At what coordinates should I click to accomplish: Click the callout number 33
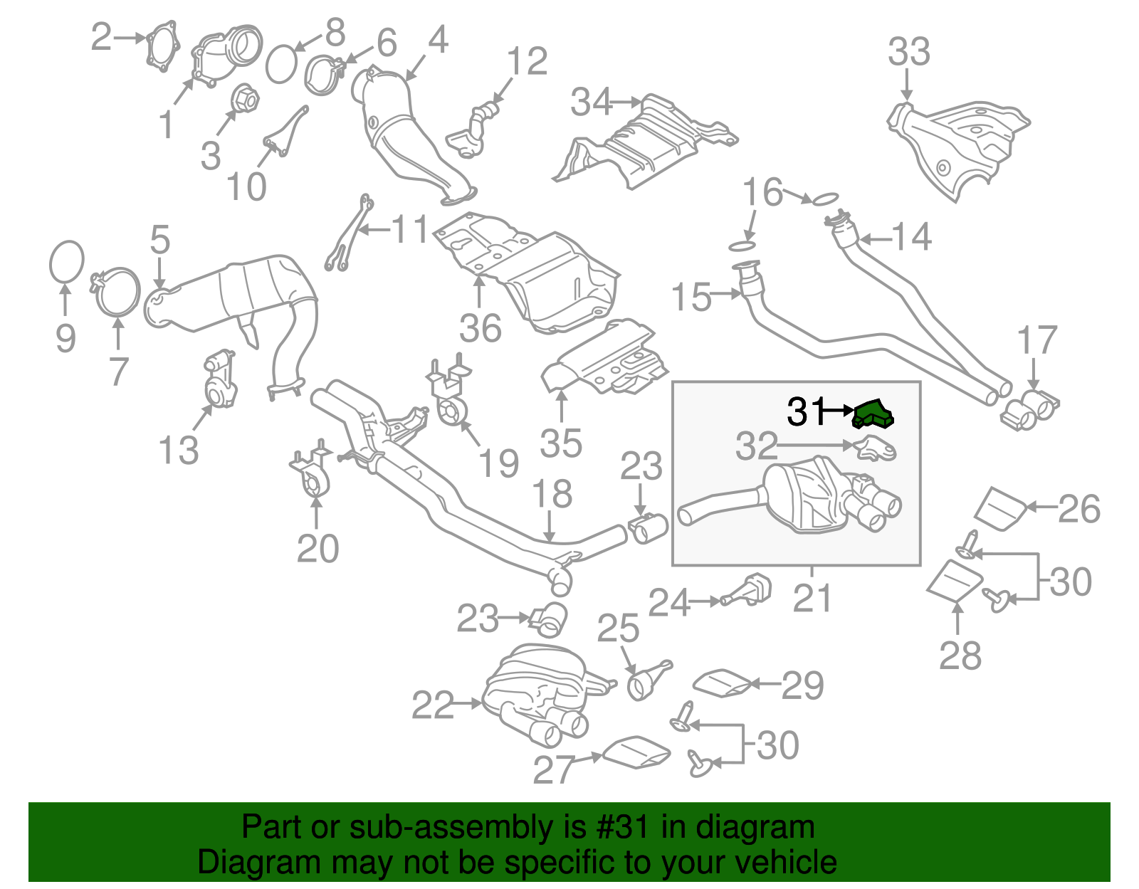909,52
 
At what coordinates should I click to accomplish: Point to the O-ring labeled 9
67,261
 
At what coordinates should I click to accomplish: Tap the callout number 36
481,328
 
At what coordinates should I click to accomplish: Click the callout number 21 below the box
812,598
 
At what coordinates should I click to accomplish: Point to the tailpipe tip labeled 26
1000,509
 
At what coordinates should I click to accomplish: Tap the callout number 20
317,549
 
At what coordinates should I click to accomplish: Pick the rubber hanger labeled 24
748,591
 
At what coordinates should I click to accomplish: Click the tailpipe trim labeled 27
636,753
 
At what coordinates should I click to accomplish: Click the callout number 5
160,240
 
